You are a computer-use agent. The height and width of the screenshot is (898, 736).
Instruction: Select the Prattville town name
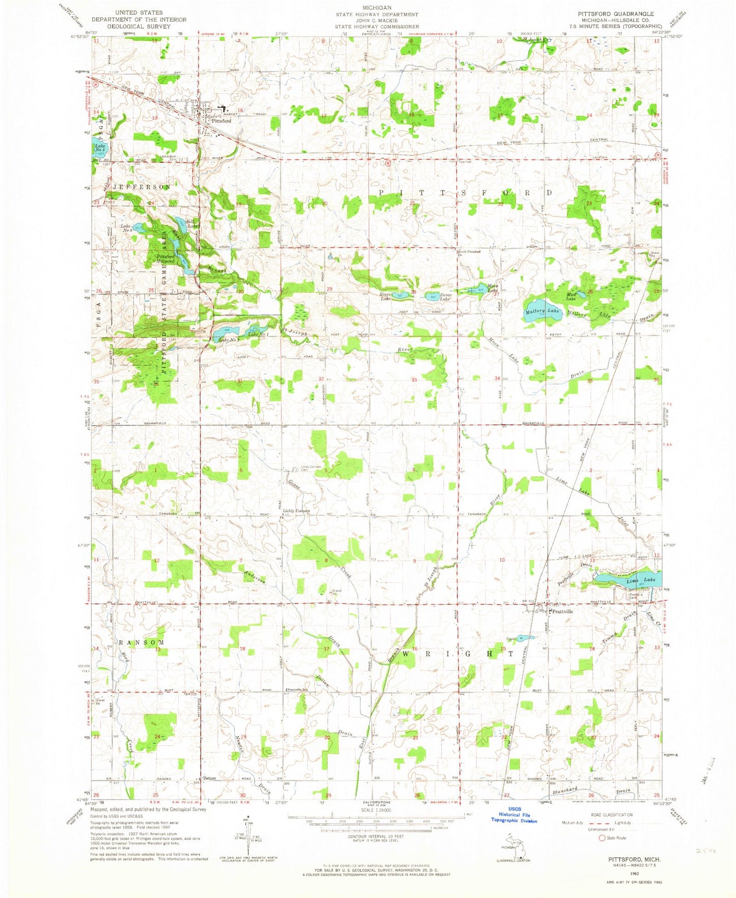(x=562, y=612)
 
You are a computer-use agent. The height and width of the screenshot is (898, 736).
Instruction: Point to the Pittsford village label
(x=221, y=121)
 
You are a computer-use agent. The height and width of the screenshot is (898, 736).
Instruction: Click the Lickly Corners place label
(x=296, y=511)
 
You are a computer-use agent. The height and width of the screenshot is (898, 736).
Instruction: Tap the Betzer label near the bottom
(x=209, y=778)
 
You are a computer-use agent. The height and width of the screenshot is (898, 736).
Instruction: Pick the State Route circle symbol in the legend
(x=602, y=838)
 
